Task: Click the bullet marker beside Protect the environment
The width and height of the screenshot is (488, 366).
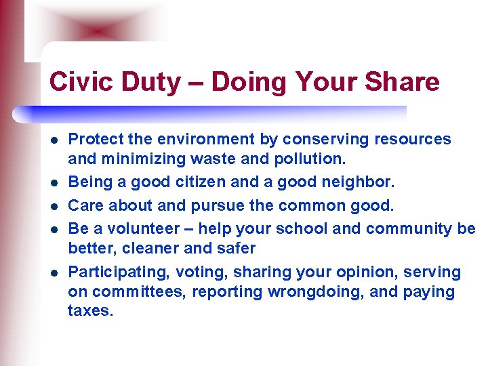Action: click(54, 140)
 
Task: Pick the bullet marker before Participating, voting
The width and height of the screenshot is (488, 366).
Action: click(54, 273)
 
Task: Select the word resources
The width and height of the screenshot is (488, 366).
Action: click(411, 140)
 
